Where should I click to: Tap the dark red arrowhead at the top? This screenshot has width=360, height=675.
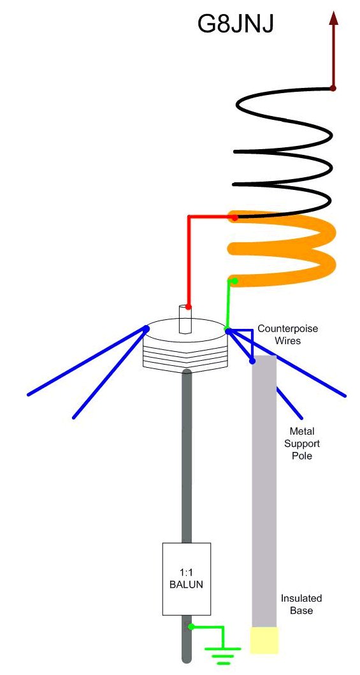(333, 18)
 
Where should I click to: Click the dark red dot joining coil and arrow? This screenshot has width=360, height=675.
(333, 88)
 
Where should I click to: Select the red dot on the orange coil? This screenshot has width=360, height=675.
(234, 218)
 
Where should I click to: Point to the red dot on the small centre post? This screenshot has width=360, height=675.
(189, 307)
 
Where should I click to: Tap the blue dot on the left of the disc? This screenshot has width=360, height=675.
(147, 328)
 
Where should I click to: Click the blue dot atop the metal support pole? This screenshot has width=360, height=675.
(252, 361)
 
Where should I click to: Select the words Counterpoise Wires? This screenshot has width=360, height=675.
(288, 335)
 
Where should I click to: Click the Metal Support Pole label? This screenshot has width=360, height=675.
(301, 443)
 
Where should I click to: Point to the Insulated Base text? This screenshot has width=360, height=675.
(301, 604)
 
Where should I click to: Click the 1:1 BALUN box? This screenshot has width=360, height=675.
(186, 579)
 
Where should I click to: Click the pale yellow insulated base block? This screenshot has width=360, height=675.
(264, 640)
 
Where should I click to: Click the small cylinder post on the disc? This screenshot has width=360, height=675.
(185, 319)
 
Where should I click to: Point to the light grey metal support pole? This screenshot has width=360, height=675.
(264, 491)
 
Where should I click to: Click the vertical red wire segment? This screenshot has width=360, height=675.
(189, 261)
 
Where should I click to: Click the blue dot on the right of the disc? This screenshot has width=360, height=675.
(228, 331)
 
